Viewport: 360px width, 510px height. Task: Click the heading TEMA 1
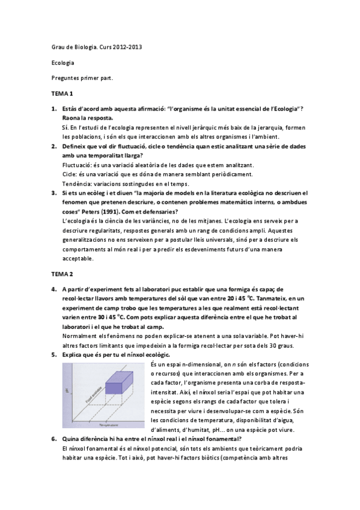61,94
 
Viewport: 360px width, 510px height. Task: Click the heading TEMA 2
61,273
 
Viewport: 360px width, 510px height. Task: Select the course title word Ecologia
62,63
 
